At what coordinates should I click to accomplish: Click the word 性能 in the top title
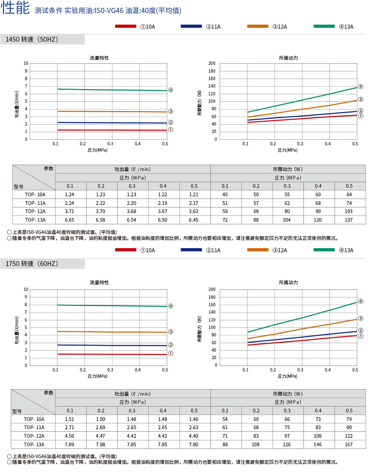tap(15, 8)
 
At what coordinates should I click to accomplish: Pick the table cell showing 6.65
tap(70, 220)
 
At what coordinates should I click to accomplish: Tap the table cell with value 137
tap(349, 220)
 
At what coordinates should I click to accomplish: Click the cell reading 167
tap(349, 444)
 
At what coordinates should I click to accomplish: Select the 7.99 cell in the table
tap(70, 444)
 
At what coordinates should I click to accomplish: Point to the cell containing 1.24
tap(70, 194)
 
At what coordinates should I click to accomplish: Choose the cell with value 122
tap(349, 436)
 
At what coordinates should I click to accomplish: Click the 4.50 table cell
tap(70, 436)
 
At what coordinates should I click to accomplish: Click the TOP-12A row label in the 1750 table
tap(34, 436)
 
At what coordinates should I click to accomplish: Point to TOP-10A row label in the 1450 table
tap(35, 194)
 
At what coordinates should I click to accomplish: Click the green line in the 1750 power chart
tap(302, 318)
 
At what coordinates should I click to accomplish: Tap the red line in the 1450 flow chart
tap(112, 130)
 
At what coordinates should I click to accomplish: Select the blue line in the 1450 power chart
tap(302, 116)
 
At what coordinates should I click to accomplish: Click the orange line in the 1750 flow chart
tap(112, 332)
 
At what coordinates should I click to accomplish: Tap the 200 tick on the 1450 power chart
tap(212, 63)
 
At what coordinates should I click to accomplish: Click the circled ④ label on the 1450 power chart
tap(360, 87)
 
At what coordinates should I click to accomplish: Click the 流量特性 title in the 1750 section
tap(99, 282)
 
